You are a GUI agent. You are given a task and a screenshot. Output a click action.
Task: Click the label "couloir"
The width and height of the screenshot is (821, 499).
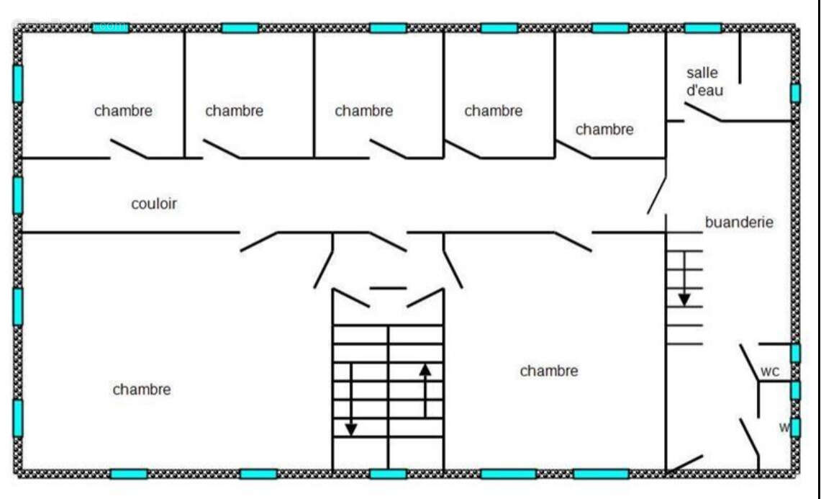point(153,204)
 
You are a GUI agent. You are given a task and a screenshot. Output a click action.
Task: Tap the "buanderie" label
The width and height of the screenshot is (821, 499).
point(739,222)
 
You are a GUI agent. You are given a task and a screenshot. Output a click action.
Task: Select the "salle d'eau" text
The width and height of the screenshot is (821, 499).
point(704,81)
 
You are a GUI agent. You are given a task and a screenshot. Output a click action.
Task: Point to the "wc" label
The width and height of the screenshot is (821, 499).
point(770,372)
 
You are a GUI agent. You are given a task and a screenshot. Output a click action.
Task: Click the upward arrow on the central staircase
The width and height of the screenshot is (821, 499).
point(425,390)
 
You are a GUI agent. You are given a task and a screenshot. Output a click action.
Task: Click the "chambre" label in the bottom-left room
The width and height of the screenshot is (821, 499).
point(142,390)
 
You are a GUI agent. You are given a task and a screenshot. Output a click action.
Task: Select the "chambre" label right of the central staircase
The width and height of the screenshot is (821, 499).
point(548,371)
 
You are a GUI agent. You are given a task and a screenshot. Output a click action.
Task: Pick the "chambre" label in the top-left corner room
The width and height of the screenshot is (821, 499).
point(123,111)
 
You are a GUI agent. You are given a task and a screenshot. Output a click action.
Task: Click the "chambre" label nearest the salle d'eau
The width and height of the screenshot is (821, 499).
point(604,130)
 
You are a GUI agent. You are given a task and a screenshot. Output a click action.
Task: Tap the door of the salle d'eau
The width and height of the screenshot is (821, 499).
point(702,112)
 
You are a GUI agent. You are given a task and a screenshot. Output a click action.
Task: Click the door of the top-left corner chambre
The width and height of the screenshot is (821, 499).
point(129,149)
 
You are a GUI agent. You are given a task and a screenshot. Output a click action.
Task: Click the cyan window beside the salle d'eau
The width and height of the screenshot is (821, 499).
point(795,93)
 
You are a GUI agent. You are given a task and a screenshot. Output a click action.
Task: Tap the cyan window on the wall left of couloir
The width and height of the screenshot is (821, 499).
point(17,195)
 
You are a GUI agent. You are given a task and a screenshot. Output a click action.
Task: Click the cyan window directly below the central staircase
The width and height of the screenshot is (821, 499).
point(388,474)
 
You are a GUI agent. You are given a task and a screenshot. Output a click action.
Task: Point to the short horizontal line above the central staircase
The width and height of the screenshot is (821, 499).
point(388,288)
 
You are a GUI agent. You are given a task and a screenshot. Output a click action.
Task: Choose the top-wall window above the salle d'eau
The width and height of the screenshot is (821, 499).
point(702,28)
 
